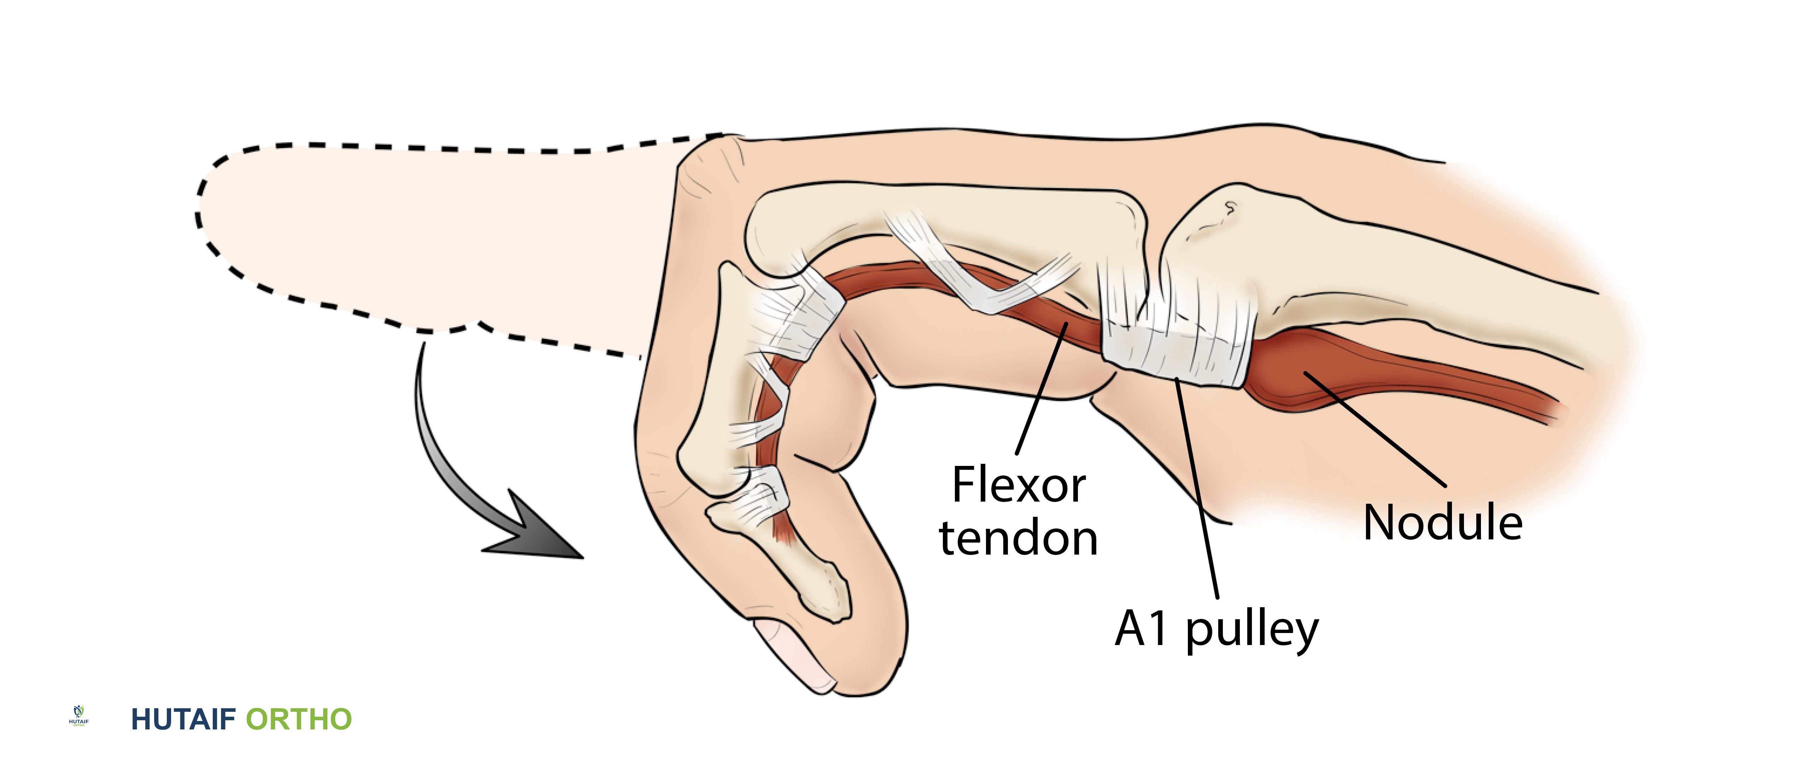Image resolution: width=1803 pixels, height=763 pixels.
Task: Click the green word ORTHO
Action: [299, 720]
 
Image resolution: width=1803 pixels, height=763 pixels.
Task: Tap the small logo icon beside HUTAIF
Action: [78, 716]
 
